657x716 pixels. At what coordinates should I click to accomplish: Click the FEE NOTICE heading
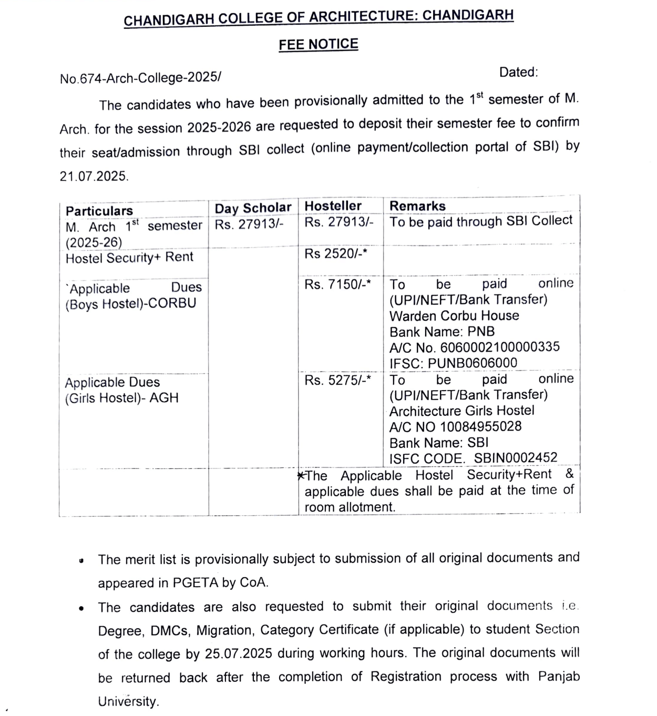318,44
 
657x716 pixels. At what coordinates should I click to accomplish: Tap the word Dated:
518,72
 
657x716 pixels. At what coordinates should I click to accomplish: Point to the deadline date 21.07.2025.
94,176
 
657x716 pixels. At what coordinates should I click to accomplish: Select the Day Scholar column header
252,208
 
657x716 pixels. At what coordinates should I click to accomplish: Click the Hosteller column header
333,206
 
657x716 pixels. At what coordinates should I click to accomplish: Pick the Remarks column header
417,206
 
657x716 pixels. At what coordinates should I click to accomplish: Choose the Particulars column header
99,211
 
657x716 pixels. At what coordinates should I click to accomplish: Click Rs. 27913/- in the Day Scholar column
249,224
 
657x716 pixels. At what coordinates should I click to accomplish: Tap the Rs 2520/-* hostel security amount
335,254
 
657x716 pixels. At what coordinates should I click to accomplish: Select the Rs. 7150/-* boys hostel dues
337,284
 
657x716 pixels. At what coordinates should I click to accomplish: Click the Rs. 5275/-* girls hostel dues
337,380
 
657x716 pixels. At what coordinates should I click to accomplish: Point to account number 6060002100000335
499,347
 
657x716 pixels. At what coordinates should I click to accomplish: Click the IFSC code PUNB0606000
472,363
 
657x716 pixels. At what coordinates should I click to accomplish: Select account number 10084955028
480,426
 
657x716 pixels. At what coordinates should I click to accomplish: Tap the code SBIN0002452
515,458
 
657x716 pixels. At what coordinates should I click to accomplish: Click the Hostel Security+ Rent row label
129,258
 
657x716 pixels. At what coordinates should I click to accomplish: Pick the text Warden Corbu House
454,316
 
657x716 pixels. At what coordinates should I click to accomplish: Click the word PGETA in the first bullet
191,583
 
